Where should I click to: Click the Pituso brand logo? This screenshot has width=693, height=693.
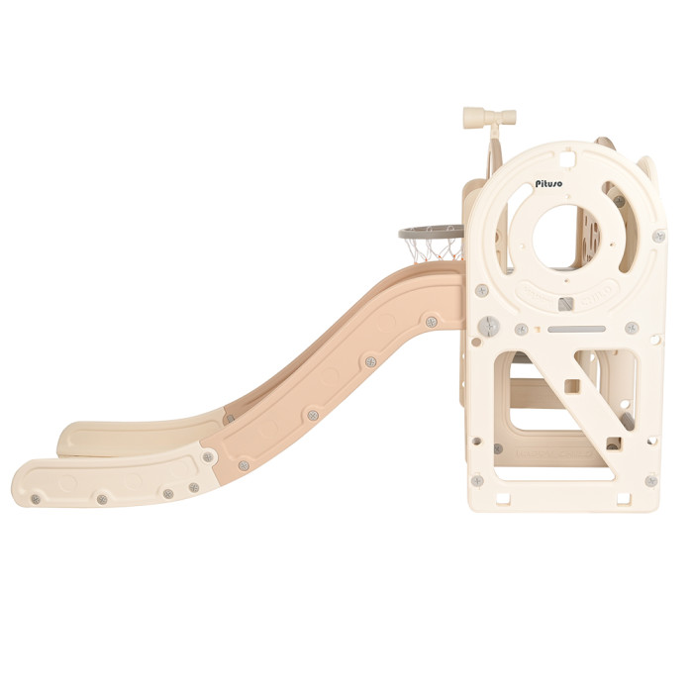coord(548,183)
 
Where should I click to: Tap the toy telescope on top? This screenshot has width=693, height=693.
coord(489,118)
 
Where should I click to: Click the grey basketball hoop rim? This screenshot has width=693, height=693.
coord(431,231)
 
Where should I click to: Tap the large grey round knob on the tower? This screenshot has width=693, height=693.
coord(488,326)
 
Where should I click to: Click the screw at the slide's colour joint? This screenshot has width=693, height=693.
coord(208,456)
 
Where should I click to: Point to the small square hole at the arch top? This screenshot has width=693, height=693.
coord(568,157)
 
